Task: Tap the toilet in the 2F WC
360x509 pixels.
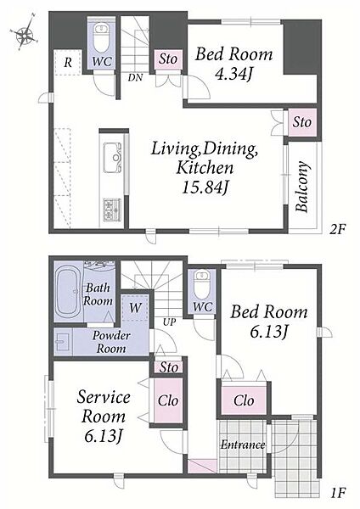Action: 101,37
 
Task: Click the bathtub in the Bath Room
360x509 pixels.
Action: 68,292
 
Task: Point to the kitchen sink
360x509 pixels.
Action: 112,158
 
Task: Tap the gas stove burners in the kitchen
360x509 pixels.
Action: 112,210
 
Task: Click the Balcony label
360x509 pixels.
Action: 302,187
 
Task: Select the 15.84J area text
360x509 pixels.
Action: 204,187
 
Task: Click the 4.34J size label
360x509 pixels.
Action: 233,74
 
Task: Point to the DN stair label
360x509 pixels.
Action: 135,77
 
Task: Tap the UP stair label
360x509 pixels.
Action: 169,322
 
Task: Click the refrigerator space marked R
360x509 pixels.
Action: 68,62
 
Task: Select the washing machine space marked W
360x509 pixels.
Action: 135,308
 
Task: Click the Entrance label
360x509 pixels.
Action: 243,445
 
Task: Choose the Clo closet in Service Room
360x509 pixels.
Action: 167,400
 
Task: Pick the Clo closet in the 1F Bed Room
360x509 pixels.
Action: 244,400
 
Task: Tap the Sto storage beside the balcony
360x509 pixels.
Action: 302,122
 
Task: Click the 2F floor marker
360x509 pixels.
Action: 337,230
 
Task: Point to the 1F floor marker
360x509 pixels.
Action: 337,493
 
